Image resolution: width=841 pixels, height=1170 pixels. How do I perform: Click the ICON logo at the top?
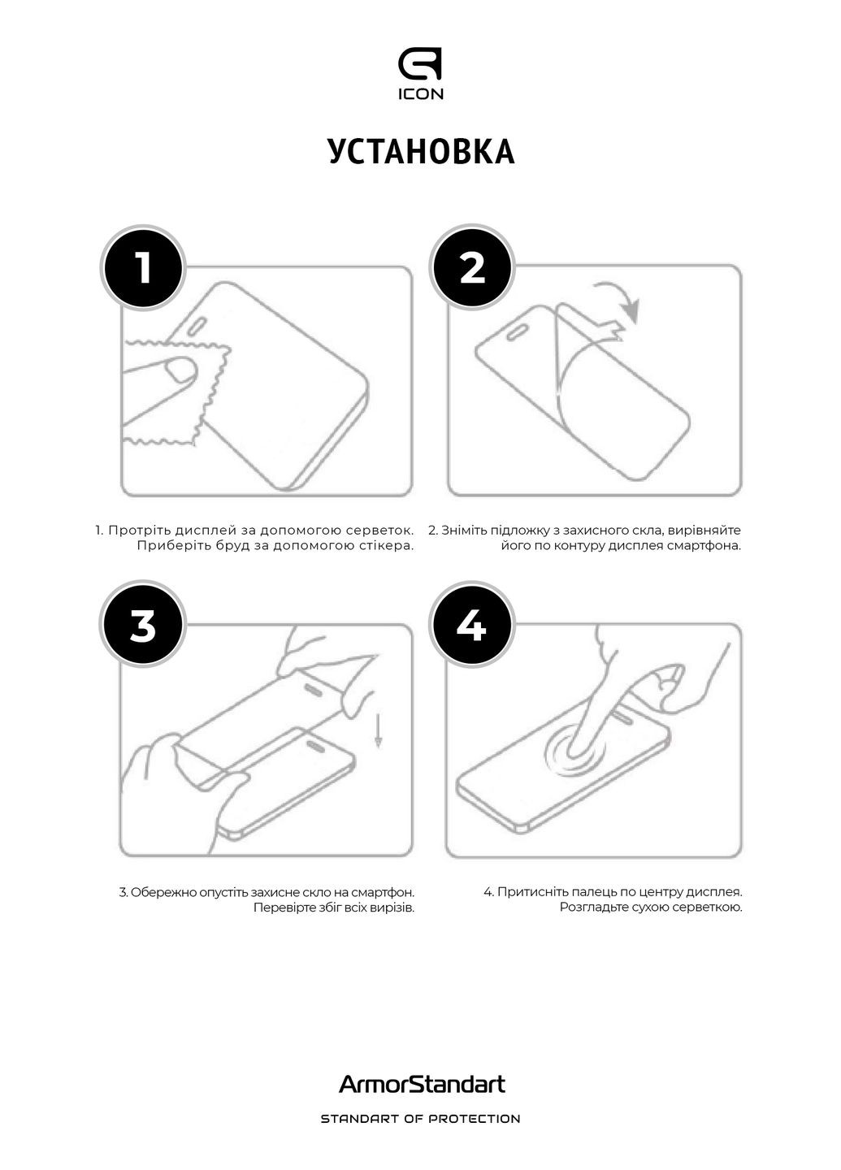coord(420,75)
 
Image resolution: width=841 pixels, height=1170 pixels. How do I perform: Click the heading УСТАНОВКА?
coord(421,152)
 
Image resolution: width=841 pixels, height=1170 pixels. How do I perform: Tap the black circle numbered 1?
coord(143,267)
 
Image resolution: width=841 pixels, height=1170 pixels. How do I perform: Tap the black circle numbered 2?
coord(472,267)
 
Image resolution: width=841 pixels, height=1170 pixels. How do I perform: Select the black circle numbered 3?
coord(143,626)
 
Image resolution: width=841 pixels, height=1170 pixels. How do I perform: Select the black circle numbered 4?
coord(472,626)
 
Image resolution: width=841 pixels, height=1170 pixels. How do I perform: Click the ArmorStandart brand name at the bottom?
coord(421,1084)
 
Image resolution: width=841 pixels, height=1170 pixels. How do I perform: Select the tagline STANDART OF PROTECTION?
coord(421,1119)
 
